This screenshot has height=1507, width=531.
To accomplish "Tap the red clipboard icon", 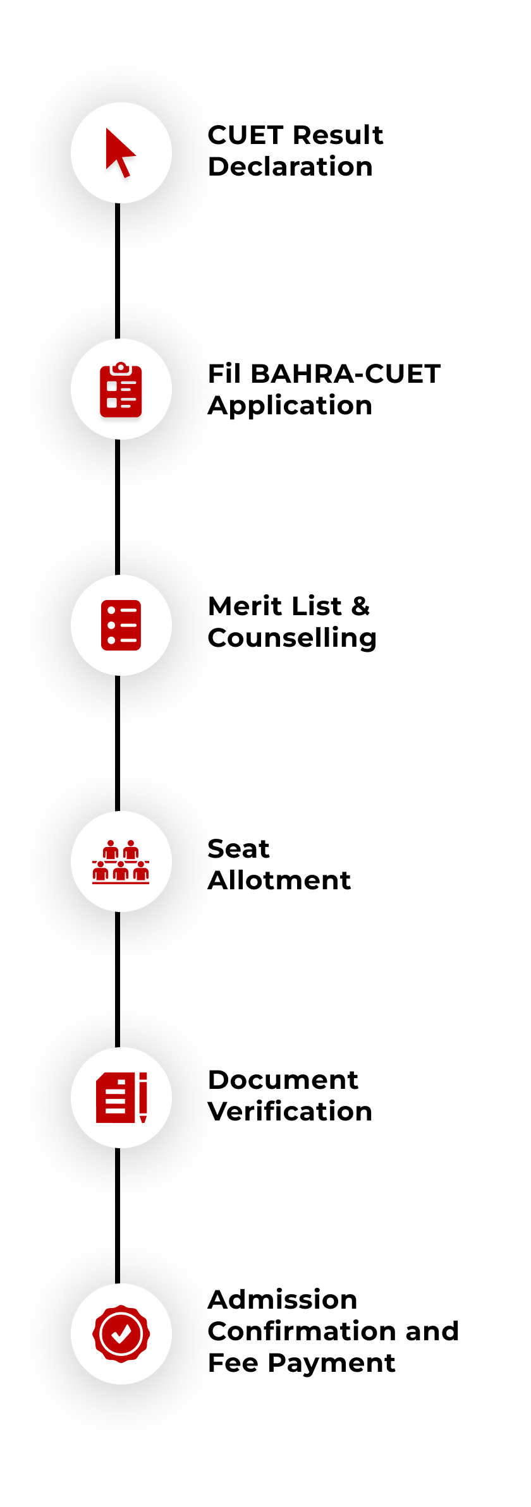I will point(121,390).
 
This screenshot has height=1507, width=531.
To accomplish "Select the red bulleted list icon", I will point(121,625).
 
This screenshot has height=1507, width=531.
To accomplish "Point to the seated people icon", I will point(121,862).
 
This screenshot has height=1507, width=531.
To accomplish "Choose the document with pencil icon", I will point(121,1098).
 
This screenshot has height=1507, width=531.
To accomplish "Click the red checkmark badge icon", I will point(121,1334).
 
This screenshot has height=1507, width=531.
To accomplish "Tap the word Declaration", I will point(290,167).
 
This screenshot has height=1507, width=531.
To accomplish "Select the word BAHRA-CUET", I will point(345,374).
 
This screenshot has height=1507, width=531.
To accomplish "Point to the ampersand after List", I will point(360,606).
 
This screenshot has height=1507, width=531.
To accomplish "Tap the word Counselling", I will point(292,639).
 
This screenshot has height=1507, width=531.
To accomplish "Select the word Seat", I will point(238,849).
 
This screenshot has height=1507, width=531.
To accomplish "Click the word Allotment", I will point(279,880).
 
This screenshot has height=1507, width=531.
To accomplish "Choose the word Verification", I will point(290,1112).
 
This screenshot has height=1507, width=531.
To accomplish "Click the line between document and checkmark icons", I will point(118,1215).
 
